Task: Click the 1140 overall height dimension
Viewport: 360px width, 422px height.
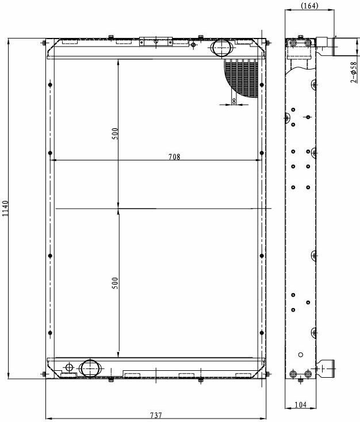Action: (5, 209)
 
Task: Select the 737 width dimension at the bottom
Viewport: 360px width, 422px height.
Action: (156, 415)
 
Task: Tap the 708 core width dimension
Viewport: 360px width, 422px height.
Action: (174, 156)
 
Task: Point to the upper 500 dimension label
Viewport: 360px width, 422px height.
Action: (115, 134)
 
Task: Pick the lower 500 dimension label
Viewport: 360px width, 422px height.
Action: (115, 283)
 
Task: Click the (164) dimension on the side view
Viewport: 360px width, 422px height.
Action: (309, 5)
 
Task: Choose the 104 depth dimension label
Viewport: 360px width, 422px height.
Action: (301, 405)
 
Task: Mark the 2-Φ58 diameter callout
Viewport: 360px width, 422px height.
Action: (354, 72)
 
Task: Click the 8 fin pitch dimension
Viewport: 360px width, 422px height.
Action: (233, 101)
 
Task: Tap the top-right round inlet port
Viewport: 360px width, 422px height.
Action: (222, 48)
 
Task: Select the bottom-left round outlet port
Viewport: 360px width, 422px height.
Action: (90, 368)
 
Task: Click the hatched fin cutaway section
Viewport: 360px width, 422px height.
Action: (242, 78)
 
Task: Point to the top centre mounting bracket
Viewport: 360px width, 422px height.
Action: (156, 41)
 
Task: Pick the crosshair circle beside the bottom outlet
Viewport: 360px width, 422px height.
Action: (69, 367)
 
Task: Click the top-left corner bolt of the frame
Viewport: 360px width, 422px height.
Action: (44, 43)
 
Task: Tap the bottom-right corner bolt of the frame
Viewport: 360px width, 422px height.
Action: (267, 374)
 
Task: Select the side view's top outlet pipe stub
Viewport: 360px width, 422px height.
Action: (326, 47)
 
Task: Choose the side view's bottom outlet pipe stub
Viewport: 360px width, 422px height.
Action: (325, 369)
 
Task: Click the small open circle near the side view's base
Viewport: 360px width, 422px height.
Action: (301, 355)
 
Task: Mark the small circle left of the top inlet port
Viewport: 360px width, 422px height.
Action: (193, 45)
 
